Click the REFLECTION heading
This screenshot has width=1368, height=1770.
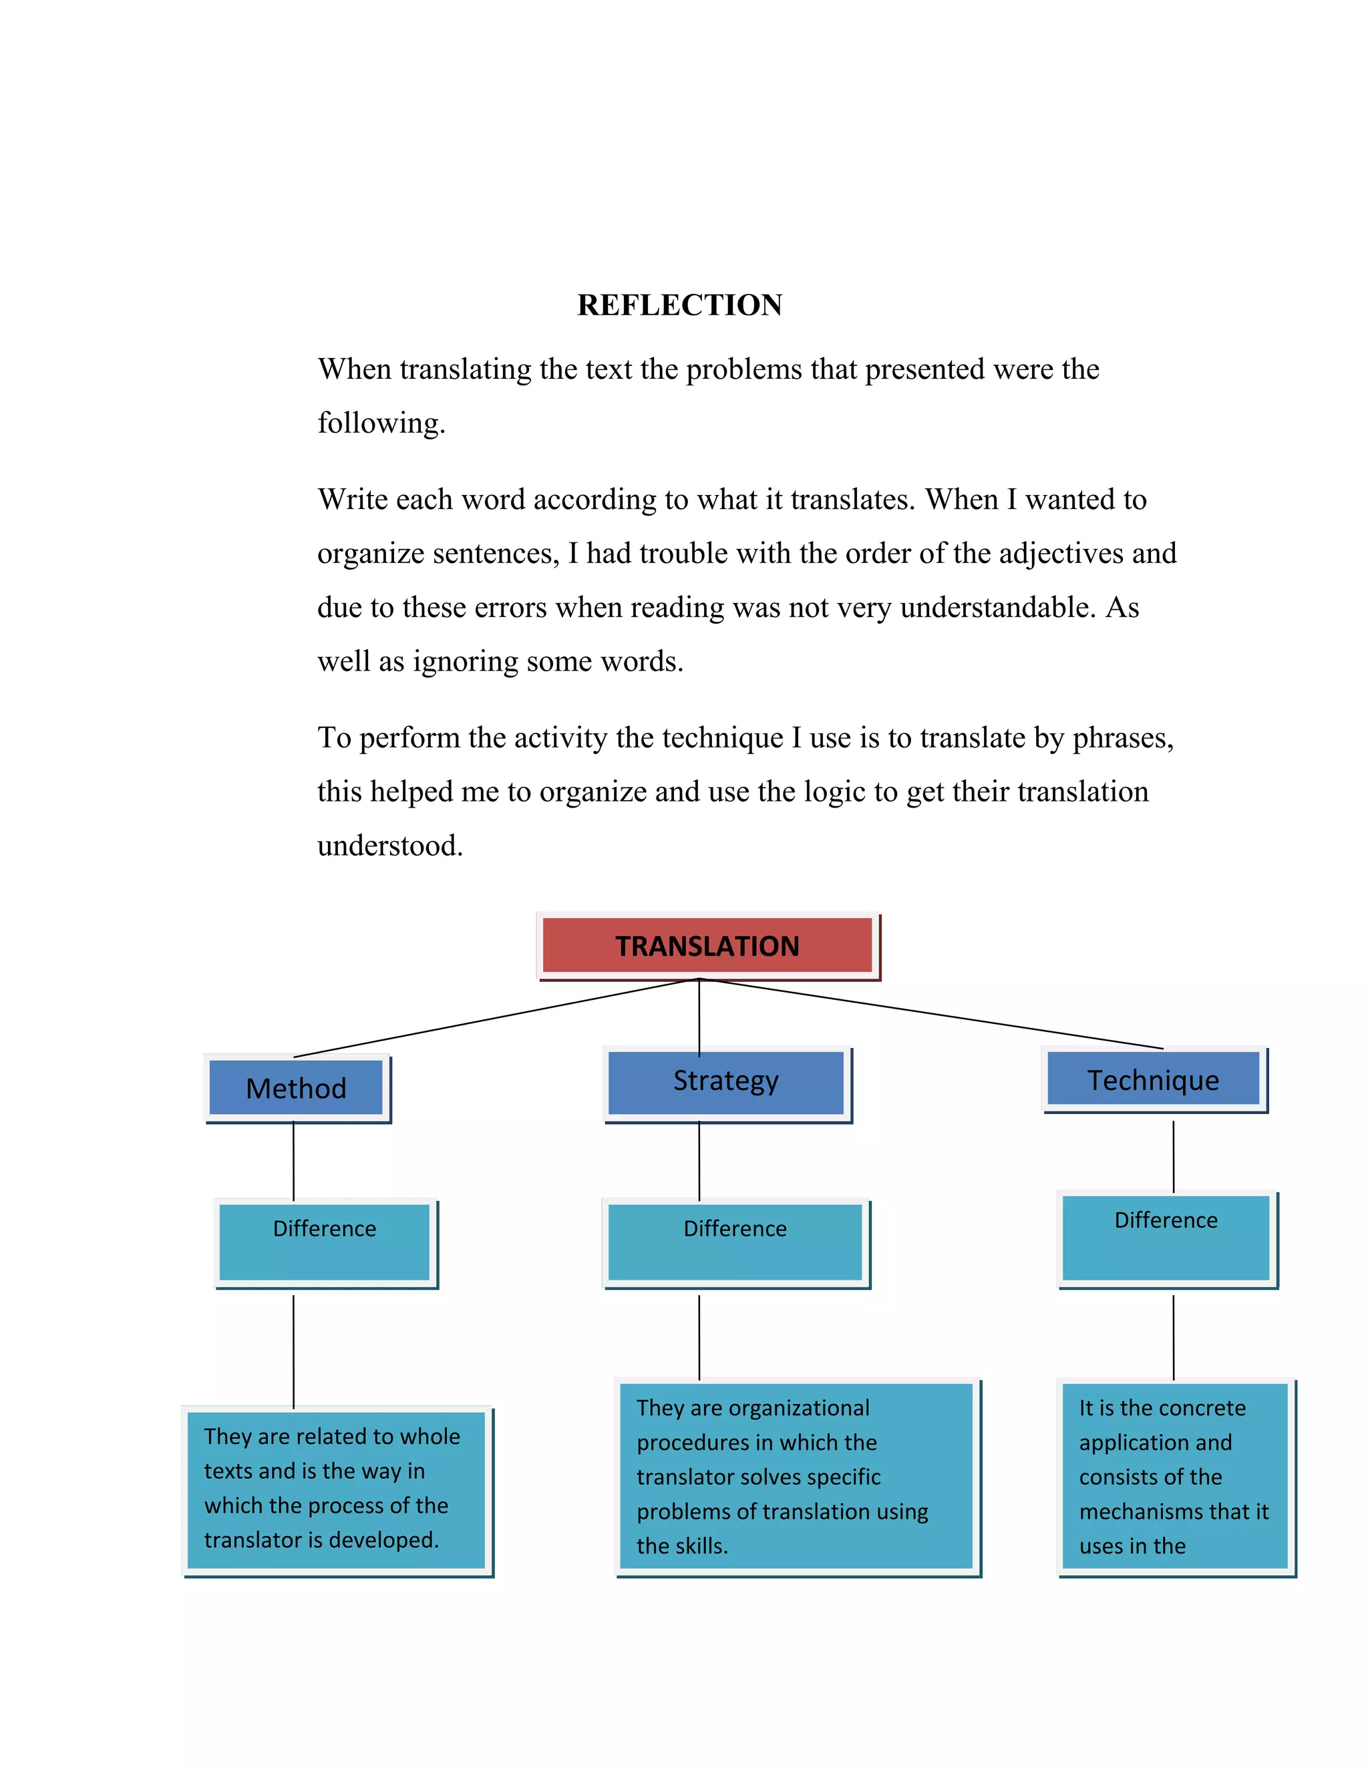coord(679,305)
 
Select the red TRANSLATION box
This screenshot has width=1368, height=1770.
coord(707,945)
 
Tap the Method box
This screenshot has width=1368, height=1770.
coord(297,1087)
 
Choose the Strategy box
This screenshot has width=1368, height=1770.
coord(726,1081)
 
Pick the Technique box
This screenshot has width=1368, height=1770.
coord(1153,1079)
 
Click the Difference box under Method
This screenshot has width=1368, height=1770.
coord(324,1242)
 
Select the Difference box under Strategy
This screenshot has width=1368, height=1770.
coord(735,1242)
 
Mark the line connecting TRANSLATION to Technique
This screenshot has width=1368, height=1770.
coord(932,1014)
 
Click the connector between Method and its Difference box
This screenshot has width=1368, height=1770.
coord(293,1161)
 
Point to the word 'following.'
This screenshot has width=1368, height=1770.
coord(381,423)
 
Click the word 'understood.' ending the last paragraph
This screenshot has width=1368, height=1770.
coord(390,846)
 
